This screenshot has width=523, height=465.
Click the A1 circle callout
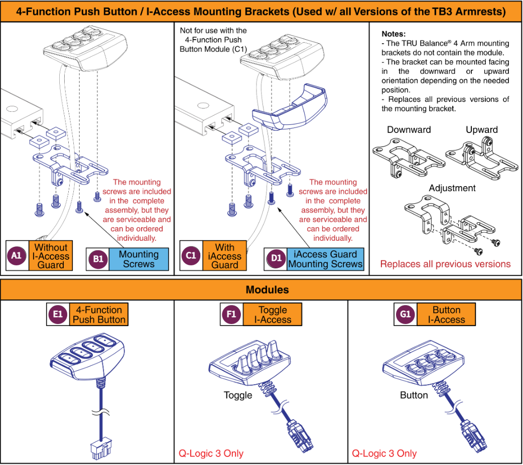[17, 255]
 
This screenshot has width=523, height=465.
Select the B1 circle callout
[98, 259]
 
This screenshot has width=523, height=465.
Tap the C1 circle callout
[191, 255]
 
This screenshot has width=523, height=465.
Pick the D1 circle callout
[277, 259]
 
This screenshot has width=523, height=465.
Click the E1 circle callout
[58, 315]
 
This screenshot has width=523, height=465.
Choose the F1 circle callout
[231, 315]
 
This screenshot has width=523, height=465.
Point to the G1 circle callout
[406, 315]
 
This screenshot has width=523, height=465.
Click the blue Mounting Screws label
[139, 259]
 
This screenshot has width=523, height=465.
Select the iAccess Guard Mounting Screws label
[325, 259]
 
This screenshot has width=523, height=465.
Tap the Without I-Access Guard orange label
[51, 255]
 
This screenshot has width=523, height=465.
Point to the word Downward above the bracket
[409, 130]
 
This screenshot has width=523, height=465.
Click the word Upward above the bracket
[481, 130]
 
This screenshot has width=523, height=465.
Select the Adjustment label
[452, 188]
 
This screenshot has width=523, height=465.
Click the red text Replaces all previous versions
[445, 264]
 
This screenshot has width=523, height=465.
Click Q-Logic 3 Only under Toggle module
[211, 453]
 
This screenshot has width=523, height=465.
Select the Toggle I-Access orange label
[273, 315]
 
